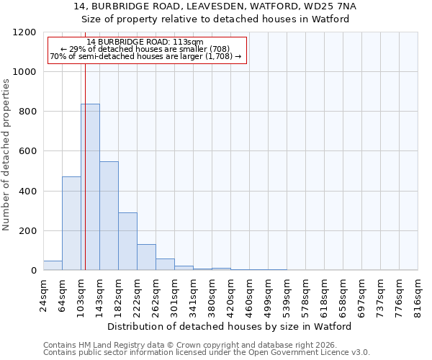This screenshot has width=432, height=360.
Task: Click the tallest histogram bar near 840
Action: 90,187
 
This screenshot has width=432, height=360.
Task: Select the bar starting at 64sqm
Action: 71,223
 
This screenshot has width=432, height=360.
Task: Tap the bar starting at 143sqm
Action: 109,216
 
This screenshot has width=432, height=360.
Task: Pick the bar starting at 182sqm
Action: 127,241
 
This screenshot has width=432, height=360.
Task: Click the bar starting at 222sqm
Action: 146,257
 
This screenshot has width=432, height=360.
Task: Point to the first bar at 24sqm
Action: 53,265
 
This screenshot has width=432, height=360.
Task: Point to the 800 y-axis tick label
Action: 27,112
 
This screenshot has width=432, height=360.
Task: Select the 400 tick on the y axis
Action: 27,192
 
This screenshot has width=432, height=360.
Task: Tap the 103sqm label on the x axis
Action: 81,295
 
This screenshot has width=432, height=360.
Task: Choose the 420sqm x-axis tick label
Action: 231,295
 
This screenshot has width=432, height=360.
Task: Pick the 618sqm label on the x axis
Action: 325,295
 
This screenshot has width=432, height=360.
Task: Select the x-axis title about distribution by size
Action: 230,327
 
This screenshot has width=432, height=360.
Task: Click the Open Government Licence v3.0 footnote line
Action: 207,353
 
